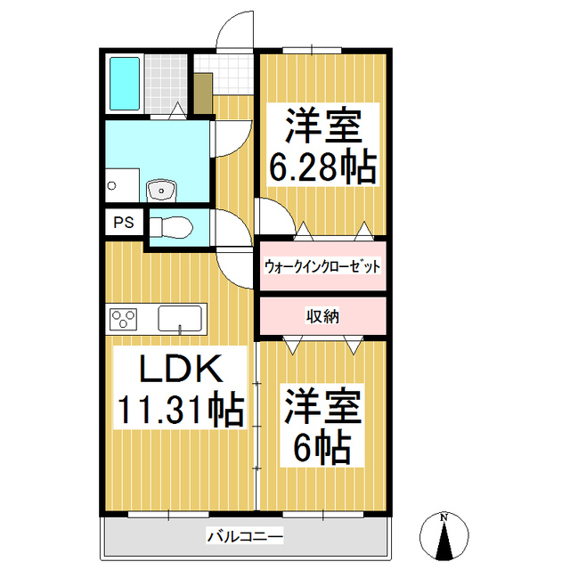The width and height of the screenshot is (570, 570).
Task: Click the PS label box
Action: point(124,222)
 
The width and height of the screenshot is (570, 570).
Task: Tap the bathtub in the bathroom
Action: point(125,83)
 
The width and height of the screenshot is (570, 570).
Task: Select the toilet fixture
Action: point(171,228)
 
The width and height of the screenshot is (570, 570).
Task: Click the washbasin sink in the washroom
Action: point(161,190)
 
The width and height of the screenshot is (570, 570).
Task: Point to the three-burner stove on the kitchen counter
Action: point(123,319)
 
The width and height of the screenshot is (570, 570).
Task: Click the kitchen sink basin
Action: point(180,319)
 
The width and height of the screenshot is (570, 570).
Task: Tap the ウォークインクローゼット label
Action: point(322,266)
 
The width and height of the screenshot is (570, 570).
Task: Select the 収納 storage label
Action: point(322,317)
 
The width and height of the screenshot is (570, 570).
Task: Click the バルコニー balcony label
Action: point(245,536)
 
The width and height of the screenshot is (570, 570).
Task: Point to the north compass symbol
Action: point(444,536)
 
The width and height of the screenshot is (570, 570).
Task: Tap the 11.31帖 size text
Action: point(180,409)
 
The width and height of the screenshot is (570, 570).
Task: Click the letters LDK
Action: point(181,368)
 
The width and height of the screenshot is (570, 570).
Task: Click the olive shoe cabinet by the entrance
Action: point(203,94)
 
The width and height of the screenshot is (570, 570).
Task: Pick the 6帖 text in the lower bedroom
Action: point(322,447)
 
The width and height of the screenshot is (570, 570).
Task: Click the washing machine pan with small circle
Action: point(122,185)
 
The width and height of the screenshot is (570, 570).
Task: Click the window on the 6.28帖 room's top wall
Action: point(312,50)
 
